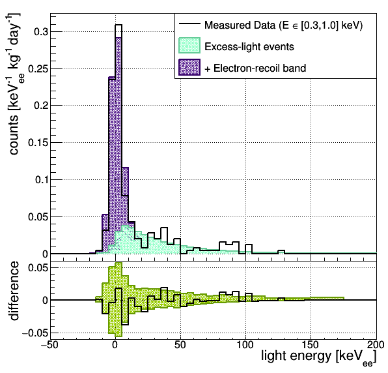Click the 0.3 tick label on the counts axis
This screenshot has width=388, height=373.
(41, 32)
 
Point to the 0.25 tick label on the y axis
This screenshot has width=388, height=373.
(38, 69)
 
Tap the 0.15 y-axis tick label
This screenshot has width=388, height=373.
(38, 143)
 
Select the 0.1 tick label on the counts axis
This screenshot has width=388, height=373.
(41, 180)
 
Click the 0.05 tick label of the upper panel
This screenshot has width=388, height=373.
(38, 217)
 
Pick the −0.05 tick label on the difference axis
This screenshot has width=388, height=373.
(35, 333)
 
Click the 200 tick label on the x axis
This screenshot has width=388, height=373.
(376, 345)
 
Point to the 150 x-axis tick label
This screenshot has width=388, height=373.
(311, 345)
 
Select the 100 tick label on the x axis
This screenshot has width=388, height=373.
(245, 345)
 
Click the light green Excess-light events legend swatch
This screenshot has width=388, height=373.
(189, 46)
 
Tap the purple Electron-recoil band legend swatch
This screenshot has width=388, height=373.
(189, 67)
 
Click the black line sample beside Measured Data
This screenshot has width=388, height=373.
(189, 23)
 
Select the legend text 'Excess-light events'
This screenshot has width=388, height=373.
(249, 46)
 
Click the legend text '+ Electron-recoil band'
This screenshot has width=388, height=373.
(255, 68)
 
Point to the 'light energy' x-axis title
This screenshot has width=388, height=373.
(296, 356)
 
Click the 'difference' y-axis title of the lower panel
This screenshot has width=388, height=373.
(14, 291)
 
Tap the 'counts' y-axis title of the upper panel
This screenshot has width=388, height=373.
(14, 135)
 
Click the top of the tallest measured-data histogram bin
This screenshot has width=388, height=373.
(118, 25)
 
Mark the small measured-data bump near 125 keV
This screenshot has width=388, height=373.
(281, 250)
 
